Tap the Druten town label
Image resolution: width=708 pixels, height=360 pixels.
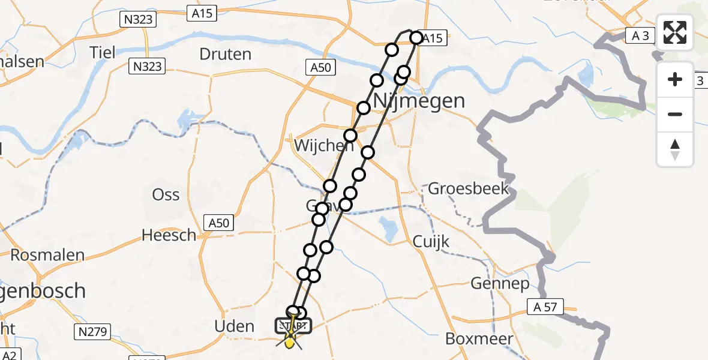click(x=225, y=54)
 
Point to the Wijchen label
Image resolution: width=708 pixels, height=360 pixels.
click(x=316, y=146)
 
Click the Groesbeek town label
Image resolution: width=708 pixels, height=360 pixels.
click(x=468, y=189)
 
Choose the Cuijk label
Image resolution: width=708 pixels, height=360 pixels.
click(x=431, y=241)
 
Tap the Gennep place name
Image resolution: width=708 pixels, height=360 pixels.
click(x=500, y=283)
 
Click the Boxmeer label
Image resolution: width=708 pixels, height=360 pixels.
click(x=479, y=338)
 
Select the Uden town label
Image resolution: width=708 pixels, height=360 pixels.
click(x=234, y=326)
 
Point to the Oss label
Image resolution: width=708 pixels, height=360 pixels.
click(x=166, y=195)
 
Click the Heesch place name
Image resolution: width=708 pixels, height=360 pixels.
click(x=169, y=235)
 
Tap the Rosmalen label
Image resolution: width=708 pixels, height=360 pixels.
click(x=47, y=255)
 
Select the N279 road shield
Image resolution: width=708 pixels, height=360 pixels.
click(x=89, y=330)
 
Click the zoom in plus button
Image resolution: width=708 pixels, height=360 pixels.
click(x=675, y=79)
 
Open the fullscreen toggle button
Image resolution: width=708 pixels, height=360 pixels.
click(x=675, y=32)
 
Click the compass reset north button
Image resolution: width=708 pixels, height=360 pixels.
click(x=675, y=149)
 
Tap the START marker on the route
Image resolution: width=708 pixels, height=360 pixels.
click(x=293, y=326)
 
